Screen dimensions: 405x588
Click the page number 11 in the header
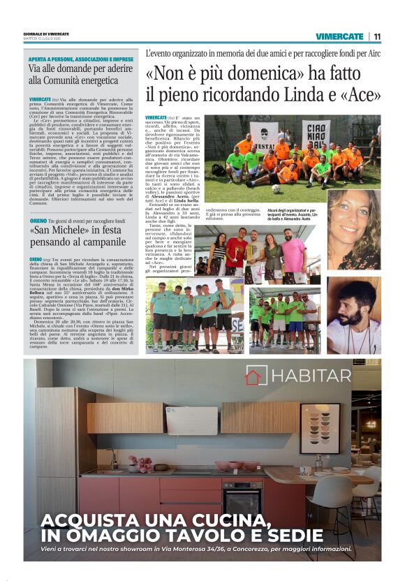(377, 36)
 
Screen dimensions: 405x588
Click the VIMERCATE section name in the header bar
(339, 36)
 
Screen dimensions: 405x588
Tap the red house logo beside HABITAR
(253, 376)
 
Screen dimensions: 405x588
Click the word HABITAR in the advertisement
(311, 376)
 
